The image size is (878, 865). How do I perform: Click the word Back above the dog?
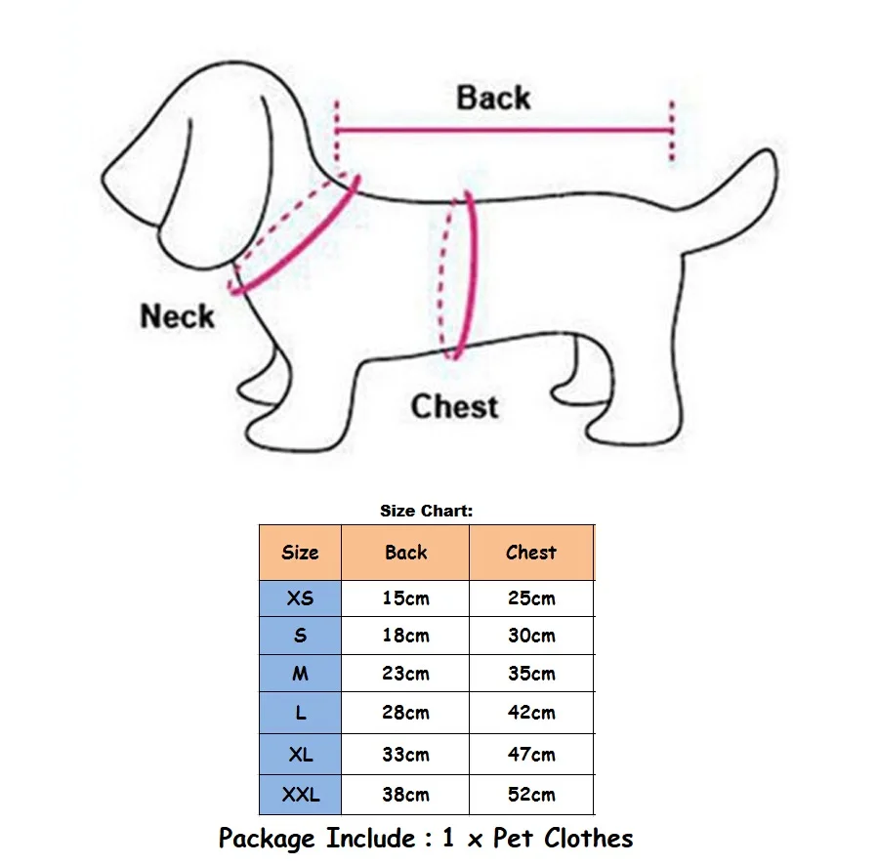tap(493, 98)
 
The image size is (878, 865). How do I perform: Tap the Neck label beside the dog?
tap(177, 316)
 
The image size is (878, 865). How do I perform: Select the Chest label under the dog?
tap(454, 406)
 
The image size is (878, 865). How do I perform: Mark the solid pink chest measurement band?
tap(470, 273)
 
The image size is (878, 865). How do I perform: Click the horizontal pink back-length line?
tap(503, 129)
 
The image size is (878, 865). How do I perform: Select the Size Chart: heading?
tap(426, 511)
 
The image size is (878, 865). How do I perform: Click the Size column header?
tap(300, 553)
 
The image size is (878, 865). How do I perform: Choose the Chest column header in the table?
tap(531, 553)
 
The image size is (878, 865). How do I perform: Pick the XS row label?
tap(300, 598)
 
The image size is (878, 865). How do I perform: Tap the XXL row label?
tap(300, 795)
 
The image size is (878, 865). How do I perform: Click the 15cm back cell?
tap(405, 598)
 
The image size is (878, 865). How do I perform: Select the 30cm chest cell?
tap(531, 636)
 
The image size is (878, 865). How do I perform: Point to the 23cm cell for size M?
tap(405, 674)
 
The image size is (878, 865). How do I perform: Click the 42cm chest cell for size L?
tap(531, 713)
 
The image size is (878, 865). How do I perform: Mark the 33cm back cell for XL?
tap(405, 754)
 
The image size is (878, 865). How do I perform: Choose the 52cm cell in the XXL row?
tap(531, 795)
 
